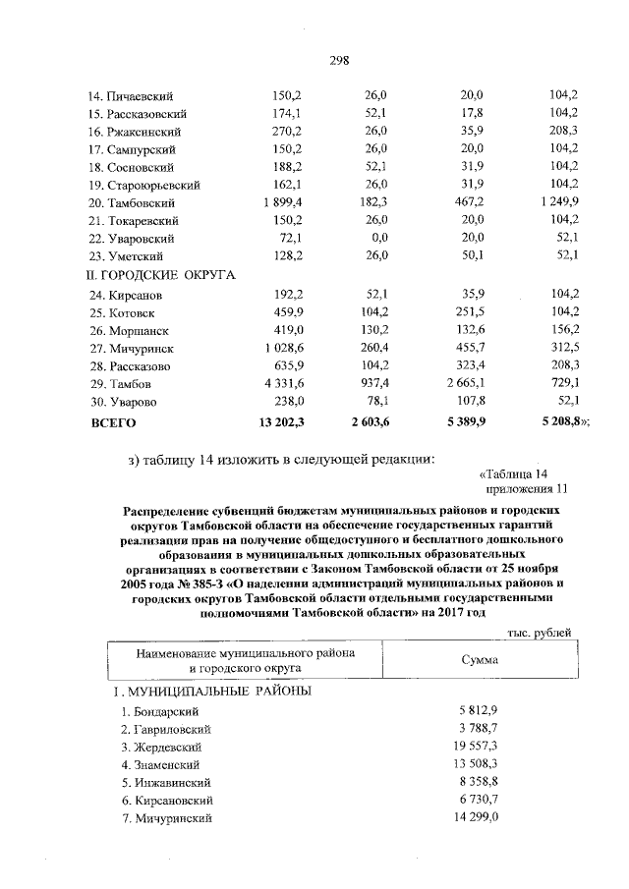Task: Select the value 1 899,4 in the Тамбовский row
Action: point(288,202)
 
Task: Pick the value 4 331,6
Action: point(288,383)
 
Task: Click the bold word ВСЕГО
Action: point(112,422)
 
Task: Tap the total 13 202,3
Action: point(284,422)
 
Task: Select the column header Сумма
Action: point(479,660)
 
